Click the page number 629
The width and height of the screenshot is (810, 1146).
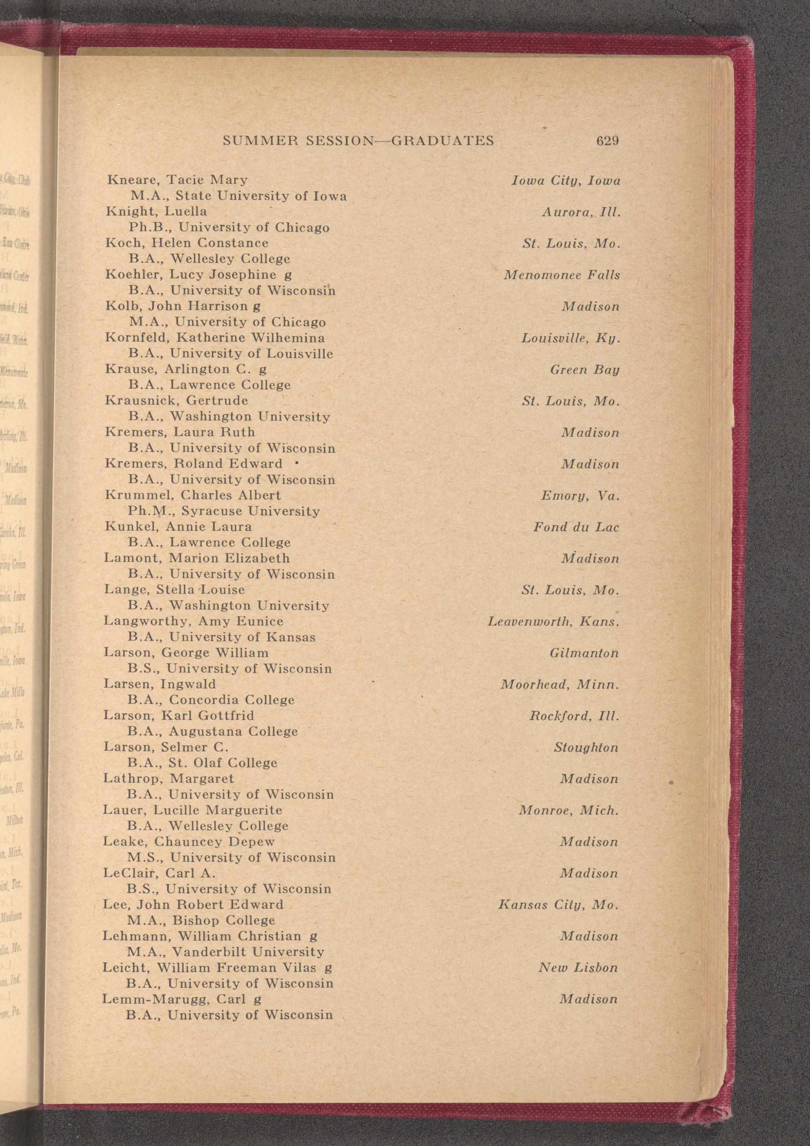tap(607, 141)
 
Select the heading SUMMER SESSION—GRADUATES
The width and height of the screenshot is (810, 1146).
tap(358, 141)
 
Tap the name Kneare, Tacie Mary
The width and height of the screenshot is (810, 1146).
tap(177, 180)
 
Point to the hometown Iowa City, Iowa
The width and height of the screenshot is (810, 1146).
tap(566, 180)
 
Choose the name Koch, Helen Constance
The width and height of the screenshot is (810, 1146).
tap(187, 243)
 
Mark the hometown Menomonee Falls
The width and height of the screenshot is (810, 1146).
tap(561, 275)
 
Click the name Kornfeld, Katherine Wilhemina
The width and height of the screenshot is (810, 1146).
tap(215, 338)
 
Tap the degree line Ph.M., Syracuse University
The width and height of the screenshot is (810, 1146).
tap(224, 511)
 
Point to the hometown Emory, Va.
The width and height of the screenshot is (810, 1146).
tap(580, 496)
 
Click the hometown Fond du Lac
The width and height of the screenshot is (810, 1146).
tap(576, 527)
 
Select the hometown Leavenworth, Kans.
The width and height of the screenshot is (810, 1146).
tap(553, 622)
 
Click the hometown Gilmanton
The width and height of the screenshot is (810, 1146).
tap(584, 654)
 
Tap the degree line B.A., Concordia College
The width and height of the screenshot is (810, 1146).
tap(211, 700)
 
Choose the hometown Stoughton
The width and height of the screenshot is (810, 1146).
tap(586, 748)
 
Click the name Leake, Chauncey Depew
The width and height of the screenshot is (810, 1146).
tap(189, 842)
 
